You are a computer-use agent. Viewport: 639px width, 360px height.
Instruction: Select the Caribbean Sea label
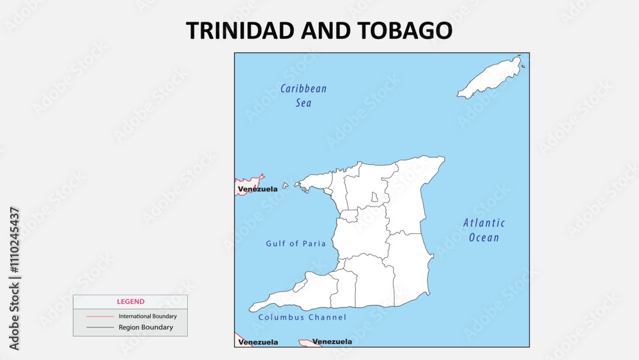[304, 95]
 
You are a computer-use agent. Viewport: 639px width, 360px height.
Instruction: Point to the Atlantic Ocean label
[484, 230]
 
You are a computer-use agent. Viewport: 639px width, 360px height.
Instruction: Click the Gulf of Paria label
[296, 244]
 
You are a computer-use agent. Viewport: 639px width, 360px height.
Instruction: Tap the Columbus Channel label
[302, 317]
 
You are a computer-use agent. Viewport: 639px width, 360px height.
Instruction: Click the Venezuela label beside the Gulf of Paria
[258, 189]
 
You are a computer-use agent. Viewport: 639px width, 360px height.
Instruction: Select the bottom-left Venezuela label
[258, 342]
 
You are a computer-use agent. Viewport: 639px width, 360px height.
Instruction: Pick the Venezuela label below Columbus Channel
[332, 341]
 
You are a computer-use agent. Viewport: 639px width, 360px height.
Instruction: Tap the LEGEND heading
[130, 302]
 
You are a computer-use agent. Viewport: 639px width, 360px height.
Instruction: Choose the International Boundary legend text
[148, 316]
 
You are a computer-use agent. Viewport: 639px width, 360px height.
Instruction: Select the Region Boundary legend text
[146, 327]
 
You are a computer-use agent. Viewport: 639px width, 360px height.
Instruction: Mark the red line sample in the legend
[100, 317]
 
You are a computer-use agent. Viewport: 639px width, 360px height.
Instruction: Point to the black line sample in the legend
[100, 327]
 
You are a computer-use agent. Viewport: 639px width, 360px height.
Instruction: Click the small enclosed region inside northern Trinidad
[374, 198]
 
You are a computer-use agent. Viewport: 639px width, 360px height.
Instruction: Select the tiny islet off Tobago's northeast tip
[523, 66]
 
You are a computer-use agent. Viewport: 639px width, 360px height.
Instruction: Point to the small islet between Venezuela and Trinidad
[286, 186]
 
